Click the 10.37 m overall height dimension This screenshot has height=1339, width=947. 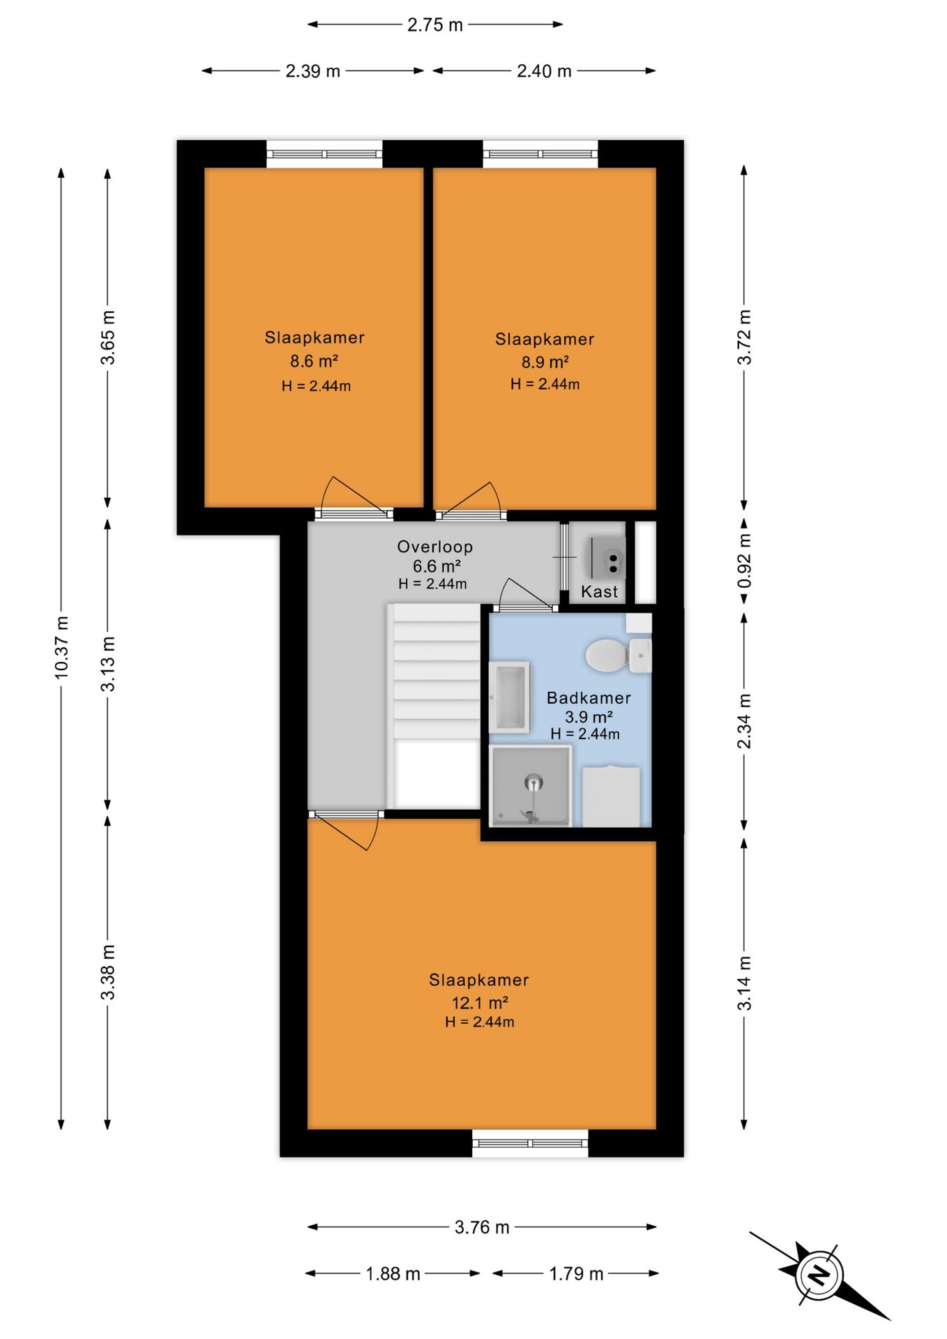pyautogui.click(x=61, y=648)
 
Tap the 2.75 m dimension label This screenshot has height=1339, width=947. pyautogui.click(x=435, y=25)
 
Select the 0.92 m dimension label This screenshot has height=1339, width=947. pyautogui.click(x=745, y=561)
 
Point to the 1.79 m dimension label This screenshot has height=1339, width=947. pyautogui.click(x=576, y=1274)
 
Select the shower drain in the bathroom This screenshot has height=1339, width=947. pyautogui.click(x=533, y=782)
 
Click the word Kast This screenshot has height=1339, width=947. pyautogui.click(x=600, y=592)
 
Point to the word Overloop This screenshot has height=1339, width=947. pyautogui.click(x=435, y=547)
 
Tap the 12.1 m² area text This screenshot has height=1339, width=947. pyautogui.click(x=480, y=1003)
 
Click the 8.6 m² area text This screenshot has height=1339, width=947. pyautogui.click(x=315, y=361)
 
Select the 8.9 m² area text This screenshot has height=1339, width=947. pyautogui.click(x=545, y=363)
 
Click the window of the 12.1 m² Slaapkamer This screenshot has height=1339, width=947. pyautogui.click(x=530, y=1144)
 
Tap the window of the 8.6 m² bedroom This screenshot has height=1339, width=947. pyautogui.click(x=325, y=154)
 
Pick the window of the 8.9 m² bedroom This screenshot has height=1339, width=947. pyautogui.click(x=540, y=154)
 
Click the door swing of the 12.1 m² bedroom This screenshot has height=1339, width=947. pyautogui.click(x=343, y=831)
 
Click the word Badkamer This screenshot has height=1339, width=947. pyautogui.click(x=589, y=698)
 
